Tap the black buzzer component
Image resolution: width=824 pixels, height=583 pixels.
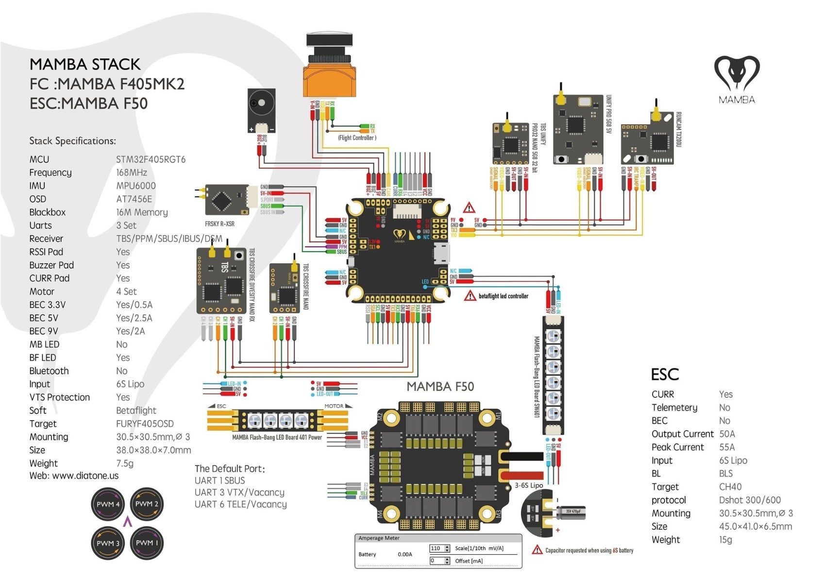pos(261,111)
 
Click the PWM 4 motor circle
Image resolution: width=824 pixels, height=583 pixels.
pos(108,504)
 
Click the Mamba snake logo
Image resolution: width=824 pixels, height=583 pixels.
pos(737,73)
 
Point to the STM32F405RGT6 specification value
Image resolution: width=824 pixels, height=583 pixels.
pos(151,159)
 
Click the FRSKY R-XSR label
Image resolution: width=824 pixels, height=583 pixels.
pos(219,224)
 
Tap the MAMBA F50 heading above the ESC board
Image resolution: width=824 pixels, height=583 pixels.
pos(440,387)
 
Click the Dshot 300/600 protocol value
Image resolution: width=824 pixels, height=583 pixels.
pos(749,500)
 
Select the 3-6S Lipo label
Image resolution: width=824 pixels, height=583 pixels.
pos(529,485)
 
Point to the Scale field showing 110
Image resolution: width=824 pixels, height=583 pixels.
pos(436,549)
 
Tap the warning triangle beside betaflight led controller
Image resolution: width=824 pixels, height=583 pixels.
pos(470,296)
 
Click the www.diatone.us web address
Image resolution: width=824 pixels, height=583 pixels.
pos(85,476)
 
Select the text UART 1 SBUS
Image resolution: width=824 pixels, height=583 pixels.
pos(219,480)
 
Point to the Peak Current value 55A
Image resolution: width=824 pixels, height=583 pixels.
pos(726,447)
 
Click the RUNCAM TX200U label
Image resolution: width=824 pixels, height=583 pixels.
pos(679,130)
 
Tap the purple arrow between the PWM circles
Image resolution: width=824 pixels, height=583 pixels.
pos(128,522)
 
